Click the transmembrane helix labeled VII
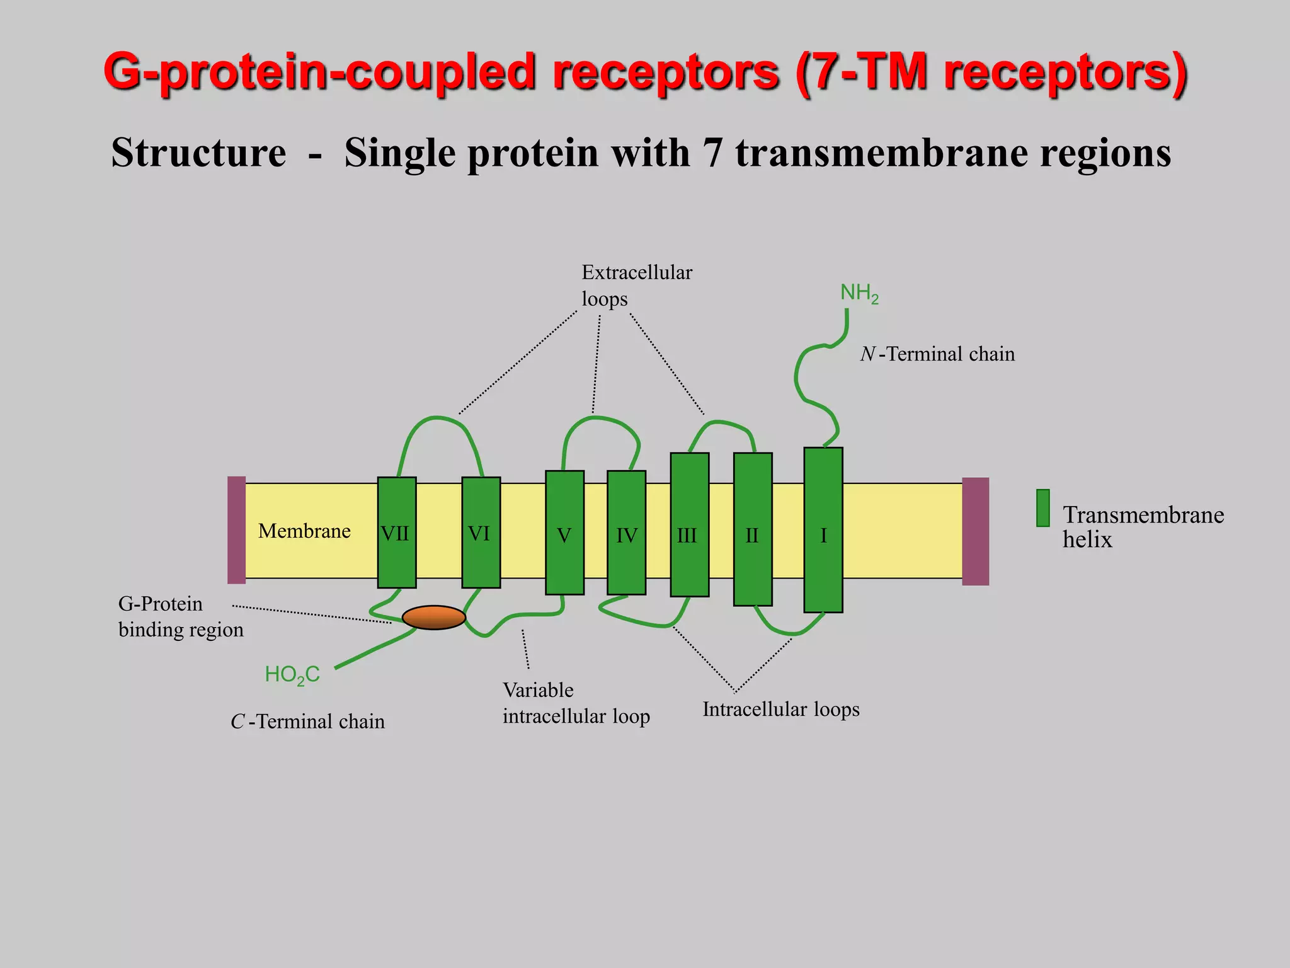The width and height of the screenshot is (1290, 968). [x=396, y=533]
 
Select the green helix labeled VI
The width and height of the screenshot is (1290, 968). [x=481, y=533]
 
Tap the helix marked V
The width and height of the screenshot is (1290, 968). [x=564, y=533]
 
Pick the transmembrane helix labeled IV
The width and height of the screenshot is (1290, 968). [x=626, y=533]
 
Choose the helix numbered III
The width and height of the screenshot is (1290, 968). [x=689, y=524]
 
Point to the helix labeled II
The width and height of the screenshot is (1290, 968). [x=753, y=529]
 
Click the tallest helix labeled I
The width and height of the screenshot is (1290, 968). [x=823, y=529]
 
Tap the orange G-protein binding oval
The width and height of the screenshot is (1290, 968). [x=433, y=618]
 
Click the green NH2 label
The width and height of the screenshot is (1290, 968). [x=859, y=293]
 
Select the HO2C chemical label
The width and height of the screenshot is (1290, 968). [x=292, y=675]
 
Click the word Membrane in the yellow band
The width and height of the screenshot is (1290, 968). [x=304, y=531]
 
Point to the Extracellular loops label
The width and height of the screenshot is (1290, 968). [x=636, y=285]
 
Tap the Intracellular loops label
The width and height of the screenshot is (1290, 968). [x=781, y=710]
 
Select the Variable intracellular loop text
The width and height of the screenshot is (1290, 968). [x=576, y=703]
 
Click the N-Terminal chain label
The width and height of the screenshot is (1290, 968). [x=937, y=354]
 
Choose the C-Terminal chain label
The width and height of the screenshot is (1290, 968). [x=307, y=722]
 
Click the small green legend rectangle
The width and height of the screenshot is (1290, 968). [x=1043, y=508]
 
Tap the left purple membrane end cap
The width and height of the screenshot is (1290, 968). [x=236, y=530]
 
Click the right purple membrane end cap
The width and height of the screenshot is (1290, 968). [x=975, y=531]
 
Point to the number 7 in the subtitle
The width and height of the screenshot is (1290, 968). [x=712, y=153]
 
